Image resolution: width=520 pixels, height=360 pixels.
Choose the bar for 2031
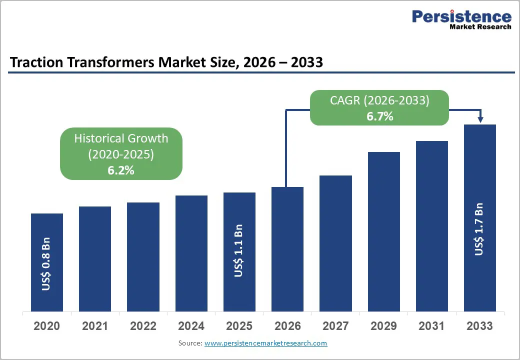click(432, 226)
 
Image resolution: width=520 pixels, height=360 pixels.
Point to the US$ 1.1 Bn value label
click(239, 250)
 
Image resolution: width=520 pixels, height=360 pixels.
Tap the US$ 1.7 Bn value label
click(479, 229)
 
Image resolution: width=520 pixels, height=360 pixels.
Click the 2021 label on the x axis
click(95, 326)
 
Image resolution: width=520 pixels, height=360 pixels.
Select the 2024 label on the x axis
click(191, 326)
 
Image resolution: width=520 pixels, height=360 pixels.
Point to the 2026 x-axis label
click(287, 326)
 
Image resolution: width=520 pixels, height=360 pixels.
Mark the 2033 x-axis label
click(479, 326)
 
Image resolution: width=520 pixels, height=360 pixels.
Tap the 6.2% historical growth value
click(121, 170)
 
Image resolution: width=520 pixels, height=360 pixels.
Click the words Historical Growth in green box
click(121, 138)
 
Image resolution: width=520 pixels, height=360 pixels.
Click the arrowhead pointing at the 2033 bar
click(480, 119)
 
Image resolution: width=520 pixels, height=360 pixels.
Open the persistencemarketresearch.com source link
click(265, 343)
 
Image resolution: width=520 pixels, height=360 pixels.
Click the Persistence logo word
click(461, 16)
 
